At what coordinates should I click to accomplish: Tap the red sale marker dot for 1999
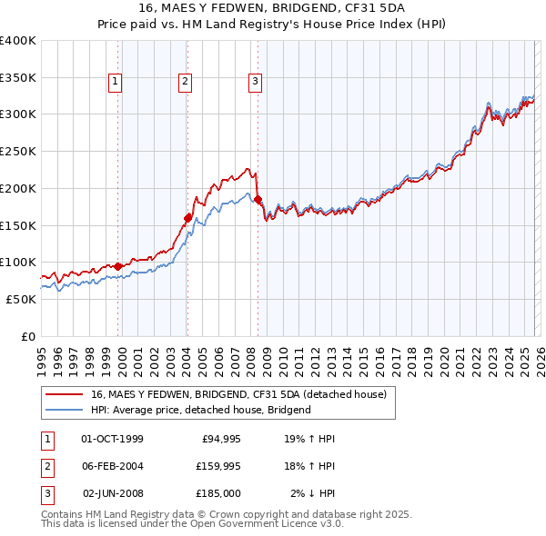(x=118, y=266)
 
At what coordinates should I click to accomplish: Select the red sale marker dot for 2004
(x=187, y=218)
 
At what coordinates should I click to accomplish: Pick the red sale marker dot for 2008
(x=258, y=199)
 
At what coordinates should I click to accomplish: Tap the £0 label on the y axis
(x=28, y=336)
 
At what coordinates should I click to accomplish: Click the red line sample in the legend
(x=65, y=394)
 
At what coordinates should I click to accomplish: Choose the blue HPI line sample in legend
(x=65, y=410)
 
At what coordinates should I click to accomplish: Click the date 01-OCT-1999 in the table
(x=112, y=439)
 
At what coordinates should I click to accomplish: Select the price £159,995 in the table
(x=217, y=466)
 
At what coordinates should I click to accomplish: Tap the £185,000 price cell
(x=217, y=493)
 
